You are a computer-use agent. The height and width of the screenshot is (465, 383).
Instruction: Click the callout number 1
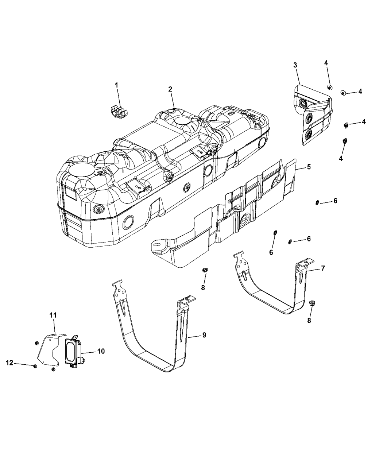117,85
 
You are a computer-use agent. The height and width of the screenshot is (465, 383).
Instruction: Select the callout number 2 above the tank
170,89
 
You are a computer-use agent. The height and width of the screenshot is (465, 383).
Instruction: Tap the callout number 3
295,65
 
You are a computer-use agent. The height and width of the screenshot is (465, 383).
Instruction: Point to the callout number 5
309,167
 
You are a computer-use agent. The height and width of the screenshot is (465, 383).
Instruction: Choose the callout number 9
204,335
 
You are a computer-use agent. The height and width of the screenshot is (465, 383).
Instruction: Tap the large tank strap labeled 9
153,350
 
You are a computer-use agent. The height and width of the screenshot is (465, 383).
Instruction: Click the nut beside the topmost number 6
317,202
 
